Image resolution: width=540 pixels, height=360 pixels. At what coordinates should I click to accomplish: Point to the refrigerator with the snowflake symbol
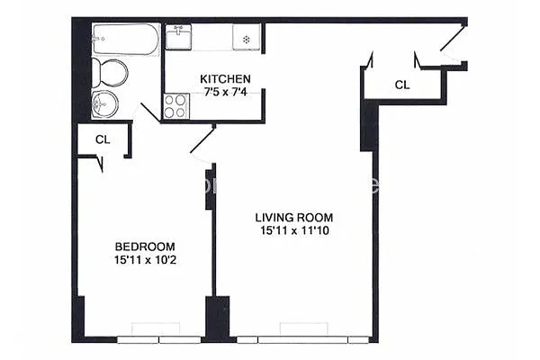point(246,39)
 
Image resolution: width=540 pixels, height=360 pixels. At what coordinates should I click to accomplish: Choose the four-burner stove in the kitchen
point(176,106)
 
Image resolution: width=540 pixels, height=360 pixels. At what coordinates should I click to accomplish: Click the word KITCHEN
point(225,79)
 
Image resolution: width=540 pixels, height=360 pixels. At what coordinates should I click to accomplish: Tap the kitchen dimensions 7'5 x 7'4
point(225,92)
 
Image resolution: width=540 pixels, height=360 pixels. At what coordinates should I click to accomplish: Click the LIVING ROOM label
point(293,217)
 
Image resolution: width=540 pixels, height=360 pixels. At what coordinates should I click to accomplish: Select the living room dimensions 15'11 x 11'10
point(293,230)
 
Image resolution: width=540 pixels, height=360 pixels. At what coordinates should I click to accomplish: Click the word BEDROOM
point(144,247)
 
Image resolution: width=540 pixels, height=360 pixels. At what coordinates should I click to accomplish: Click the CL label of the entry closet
point(402,85)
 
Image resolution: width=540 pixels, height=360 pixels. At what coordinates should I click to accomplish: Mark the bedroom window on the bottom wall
point(159,338)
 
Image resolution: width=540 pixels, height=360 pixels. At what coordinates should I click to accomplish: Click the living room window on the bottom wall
point(302,338)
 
